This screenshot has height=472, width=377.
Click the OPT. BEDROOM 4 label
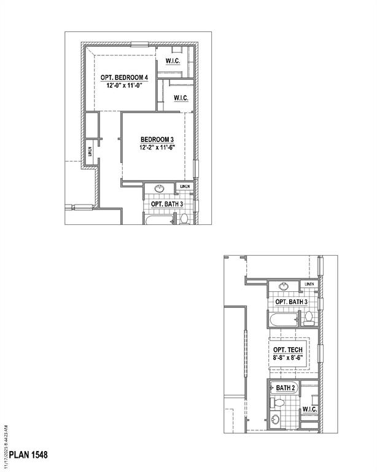[x=125, y=77]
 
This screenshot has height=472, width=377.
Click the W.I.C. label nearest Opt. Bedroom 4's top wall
[x=171, y=61]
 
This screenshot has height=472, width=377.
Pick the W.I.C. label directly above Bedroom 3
[x=181, y=98]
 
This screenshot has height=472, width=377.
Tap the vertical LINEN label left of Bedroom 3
[x=90, y=151]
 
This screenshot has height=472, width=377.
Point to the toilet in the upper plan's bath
[x=184, y=218]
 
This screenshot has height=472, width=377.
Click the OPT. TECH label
[x=288, y=349]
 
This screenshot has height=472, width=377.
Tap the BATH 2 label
[x=286, y=388]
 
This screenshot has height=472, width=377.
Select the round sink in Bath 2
[x=276, y=420]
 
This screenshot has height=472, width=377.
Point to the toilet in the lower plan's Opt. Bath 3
[x=309, y=318]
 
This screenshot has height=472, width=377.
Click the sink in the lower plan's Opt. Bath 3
[x=284, y=286]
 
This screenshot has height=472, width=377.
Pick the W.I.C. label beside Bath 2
[x=309, y=409]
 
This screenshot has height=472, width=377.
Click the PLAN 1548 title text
[x=28, y=455]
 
